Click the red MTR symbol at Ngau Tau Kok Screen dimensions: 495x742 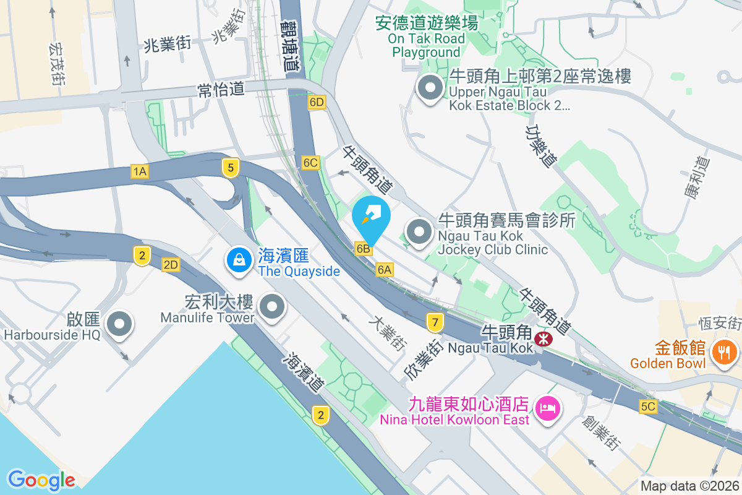[544, 338]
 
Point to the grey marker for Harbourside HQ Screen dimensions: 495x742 [119, 324]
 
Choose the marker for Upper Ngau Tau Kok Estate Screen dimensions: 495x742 [430, 88]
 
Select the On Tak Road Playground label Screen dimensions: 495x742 [427, 38]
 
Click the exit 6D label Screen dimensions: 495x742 [317, 101]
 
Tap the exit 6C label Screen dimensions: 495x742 [310, 163]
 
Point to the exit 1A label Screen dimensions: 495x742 [139, 171]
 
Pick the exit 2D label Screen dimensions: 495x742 [171, 265]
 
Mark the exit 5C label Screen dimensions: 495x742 [648, 407]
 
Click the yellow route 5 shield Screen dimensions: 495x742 [231, 167]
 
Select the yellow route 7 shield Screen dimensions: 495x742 [435, 322]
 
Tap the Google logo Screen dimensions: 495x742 [41, 480]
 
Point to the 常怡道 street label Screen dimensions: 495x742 [220, 89]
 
